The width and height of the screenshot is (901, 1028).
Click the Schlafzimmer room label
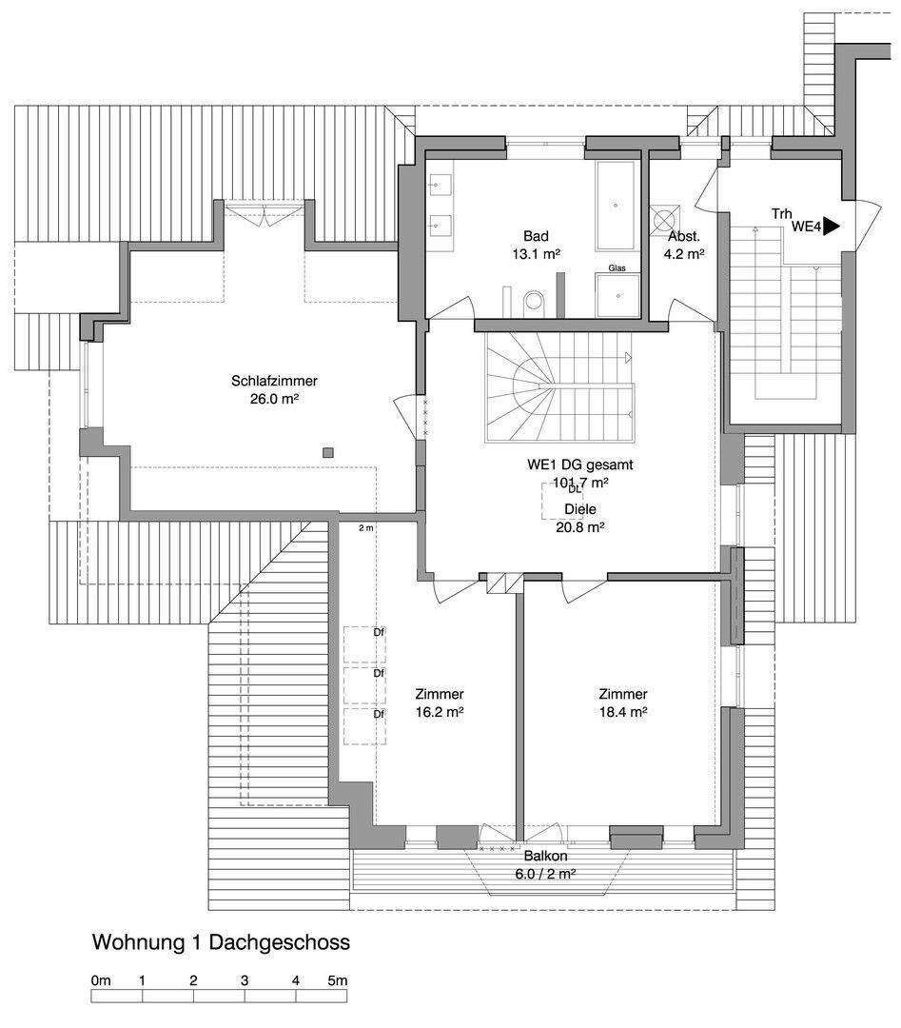274,381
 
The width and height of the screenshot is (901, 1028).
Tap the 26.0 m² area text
274,400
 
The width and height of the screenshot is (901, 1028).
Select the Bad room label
536,236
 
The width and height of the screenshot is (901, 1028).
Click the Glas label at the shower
617,269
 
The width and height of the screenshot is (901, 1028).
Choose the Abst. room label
684,236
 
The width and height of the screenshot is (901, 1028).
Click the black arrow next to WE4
832,227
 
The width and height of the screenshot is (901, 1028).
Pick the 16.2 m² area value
440,711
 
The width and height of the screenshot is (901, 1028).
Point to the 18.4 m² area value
623,711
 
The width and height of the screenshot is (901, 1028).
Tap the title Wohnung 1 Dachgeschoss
221,942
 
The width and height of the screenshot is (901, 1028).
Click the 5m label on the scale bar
338,979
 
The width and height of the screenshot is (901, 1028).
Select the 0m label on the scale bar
101,979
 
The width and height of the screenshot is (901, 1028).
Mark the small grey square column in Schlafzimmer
328,452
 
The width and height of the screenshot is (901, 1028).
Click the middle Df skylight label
379,673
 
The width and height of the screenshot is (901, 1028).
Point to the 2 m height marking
366,527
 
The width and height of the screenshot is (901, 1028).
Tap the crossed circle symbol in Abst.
663,218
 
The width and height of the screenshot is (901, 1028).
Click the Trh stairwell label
782,214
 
